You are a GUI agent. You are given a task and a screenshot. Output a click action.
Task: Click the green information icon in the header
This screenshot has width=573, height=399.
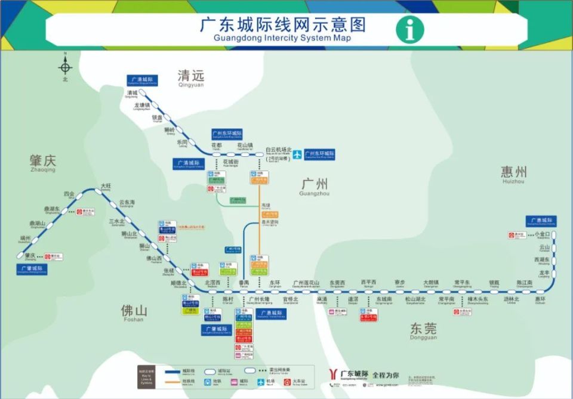[411, 29]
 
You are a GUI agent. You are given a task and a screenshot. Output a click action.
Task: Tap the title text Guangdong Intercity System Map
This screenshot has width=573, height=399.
[282, 38]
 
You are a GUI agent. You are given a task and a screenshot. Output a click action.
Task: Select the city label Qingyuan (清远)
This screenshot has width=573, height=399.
[190, 77]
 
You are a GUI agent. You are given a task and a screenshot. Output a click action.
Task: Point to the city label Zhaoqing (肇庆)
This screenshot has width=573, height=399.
[42, 162]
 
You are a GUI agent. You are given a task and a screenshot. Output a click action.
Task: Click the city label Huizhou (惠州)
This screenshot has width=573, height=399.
[513, 174]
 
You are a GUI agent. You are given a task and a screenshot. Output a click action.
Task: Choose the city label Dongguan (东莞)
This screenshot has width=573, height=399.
[423, 329]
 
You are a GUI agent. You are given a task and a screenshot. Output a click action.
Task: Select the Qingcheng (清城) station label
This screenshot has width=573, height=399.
[132, 94]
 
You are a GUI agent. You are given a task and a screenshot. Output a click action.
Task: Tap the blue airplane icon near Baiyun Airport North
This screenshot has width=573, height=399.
[297, 154]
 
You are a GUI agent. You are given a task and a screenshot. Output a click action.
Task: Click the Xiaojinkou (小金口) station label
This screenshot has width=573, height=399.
[541, 234]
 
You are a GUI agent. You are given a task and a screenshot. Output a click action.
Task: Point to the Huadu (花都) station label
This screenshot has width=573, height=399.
[216, 145]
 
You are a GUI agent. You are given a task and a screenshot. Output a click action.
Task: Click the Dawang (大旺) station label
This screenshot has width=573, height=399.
[106, 187]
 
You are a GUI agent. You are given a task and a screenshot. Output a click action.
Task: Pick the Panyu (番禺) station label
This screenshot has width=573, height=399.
[244, 283]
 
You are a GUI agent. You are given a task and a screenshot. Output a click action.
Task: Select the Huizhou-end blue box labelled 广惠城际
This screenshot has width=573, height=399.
[541, 221]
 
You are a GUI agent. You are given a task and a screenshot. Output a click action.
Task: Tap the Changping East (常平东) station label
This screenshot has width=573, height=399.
[462, 283]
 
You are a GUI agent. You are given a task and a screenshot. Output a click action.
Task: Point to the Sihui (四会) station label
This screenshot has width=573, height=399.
[69, 194]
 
